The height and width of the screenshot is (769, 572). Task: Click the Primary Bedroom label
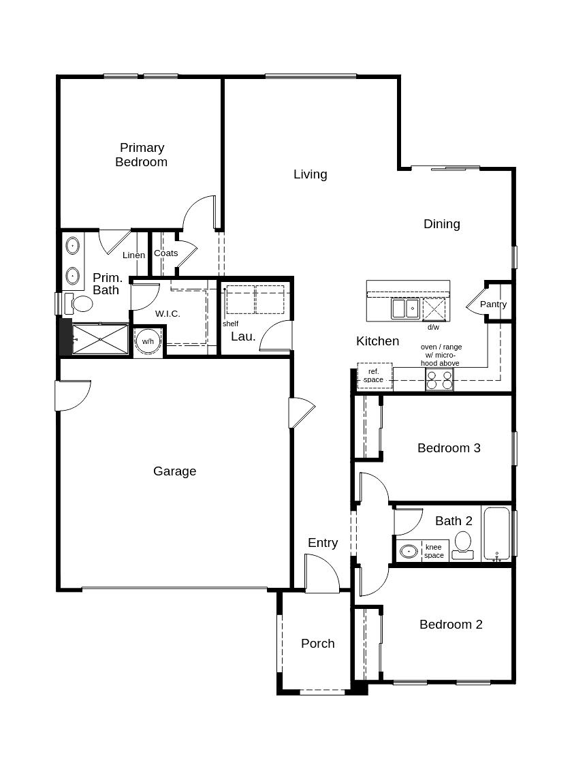(142, 155)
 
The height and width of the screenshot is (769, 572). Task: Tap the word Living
(310, 174)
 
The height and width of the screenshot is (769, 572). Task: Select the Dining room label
(441, 224)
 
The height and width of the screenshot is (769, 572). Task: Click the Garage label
(174, 471)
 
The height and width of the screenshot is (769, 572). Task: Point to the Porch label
(317, 644)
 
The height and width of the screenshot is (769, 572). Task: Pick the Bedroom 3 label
(449, 448)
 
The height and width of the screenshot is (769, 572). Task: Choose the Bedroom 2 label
(451, 625)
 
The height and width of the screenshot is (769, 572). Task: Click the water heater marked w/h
(148, 341)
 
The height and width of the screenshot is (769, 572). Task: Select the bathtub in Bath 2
(496, 533)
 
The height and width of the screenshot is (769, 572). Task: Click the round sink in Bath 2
(409, 550)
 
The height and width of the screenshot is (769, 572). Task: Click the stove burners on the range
(439, 379)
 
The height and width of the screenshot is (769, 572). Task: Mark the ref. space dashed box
(375, 376)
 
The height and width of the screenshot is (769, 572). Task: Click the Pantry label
(493, 304)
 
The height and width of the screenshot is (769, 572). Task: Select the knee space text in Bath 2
(434, 551)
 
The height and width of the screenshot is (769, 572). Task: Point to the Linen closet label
(133, 255)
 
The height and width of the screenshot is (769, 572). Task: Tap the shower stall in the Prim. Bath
(100, 339)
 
